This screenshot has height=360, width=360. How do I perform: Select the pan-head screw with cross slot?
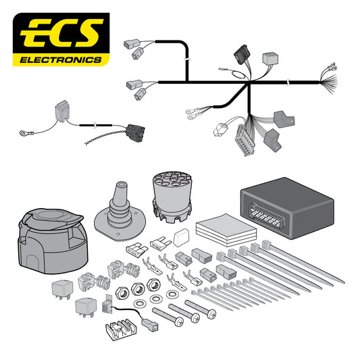[201, 313]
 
